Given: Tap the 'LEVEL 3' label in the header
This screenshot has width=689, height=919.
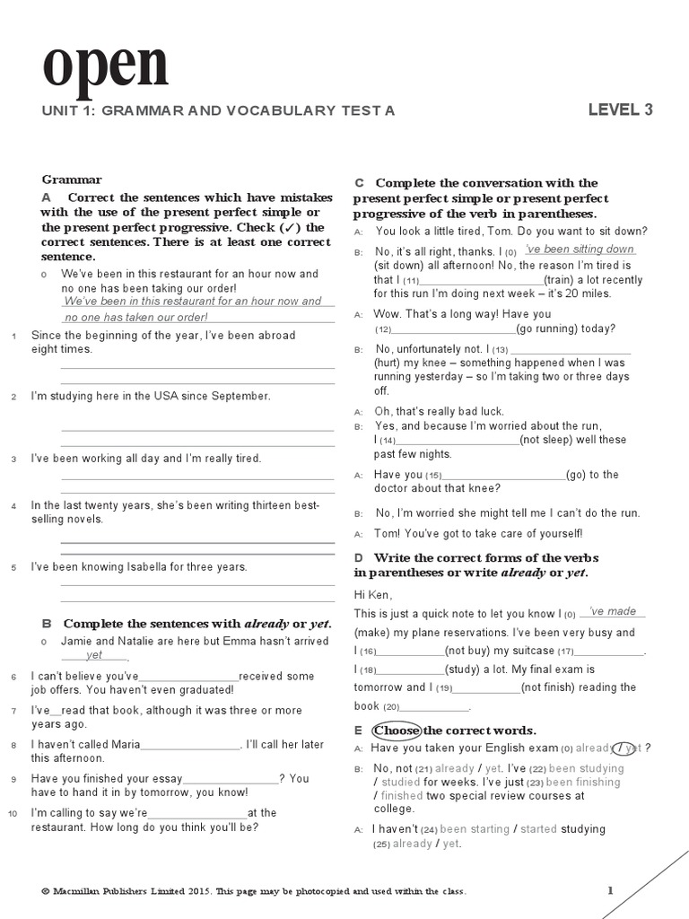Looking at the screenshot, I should pyautogui.click(x=620, y=110).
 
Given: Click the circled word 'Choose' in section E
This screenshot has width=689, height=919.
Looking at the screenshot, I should pyautogui.click(x=397, y=731).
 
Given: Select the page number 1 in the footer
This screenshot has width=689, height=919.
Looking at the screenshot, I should pyautogui.click(x=610, y=890).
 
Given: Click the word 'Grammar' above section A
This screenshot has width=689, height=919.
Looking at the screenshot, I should pyautogui.click(x=72, y=179).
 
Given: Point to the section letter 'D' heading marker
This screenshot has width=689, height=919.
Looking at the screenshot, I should pyautogui.click(x=359, y=558).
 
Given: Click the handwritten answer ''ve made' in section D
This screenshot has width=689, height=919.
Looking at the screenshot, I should pyautogui.click(x=613, y=611).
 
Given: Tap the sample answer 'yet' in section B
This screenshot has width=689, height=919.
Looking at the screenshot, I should pyautogui.click(x=94, y=655).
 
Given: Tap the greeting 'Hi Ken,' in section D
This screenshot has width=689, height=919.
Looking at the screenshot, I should pyautogui.click(x=373, y=595).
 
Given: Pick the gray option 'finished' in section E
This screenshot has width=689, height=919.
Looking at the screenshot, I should pyautogui.click(x=402, y=795).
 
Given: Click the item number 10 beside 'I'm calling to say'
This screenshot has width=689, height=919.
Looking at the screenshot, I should pyautogui.click(x=12, y=813).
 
